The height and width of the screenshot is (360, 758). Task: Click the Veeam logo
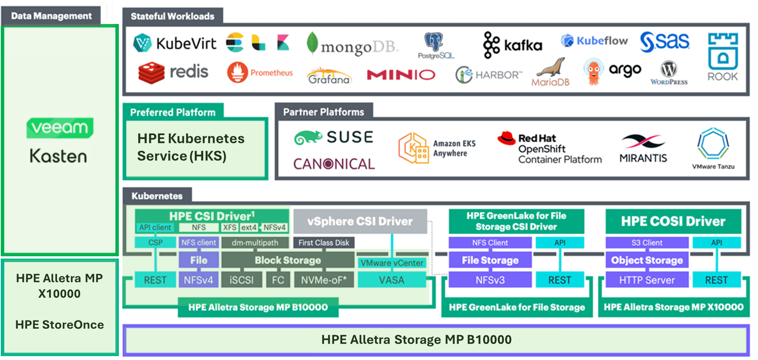click(59, 127)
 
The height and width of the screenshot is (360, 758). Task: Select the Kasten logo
click(59, 156)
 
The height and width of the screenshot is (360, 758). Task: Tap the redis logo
click(173, 72)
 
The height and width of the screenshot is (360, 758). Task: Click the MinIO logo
click(401, 75)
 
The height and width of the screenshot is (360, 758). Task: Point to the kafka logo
click(513, 45)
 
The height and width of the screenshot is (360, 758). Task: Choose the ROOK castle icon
click(723, 51)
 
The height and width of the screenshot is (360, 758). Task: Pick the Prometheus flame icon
click(237, 72)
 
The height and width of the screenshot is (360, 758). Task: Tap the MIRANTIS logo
click(643, 149)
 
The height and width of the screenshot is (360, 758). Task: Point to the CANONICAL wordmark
click(334, 164)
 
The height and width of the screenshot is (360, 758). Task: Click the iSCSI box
click(241, 280)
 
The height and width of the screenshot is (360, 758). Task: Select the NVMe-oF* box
click(324, 280)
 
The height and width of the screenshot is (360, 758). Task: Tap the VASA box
click(391, 280)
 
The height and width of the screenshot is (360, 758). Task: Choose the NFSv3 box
click(490, 280)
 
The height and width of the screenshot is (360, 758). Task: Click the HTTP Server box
click(647, 280)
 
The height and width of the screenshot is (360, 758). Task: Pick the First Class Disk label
click(324, 243)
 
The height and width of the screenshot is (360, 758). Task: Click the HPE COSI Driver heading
click(673, 221)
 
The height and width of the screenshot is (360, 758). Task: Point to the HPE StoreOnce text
click(60, 324)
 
